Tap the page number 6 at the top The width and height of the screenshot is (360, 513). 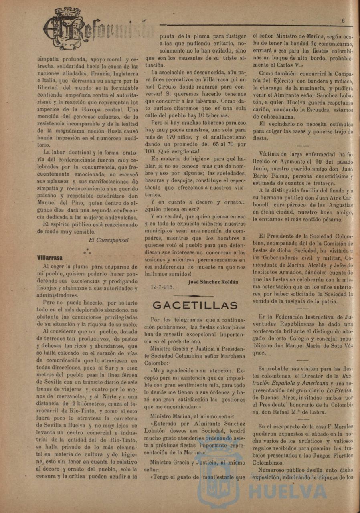pyautogui.click(x=344, y=20)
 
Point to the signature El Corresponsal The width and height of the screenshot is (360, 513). pyautogui.click(x=109, y=240)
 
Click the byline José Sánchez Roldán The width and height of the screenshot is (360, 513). pyautogui.click(x=212, y=281)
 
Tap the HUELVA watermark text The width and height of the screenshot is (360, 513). pyautogui.click(x=287, y=491)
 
